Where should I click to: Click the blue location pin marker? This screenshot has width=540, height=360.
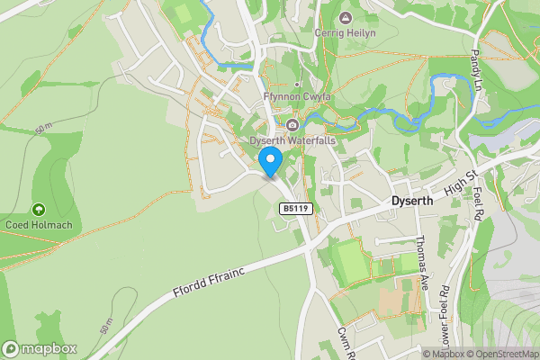pos(271,162)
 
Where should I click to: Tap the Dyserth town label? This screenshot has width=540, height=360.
pos(413,202)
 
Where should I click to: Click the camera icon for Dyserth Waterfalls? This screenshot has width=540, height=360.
pos(292,125)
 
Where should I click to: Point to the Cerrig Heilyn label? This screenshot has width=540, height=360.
pos(345,32)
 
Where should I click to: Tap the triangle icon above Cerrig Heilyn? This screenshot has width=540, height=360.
pos(345,18)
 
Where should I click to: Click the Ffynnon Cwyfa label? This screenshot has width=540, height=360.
pos(297,97)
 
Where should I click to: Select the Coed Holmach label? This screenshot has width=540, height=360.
pos(38,225)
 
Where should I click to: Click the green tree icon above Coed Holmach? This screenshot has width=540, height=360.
pos(38,210)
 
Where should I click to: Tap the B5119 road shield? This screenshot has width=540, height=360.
pos(295,209)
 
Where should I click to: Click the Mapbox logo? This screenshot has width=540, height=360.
pos(40,349)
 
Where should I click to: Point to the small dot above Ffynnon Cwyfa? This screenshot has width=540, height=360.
pos(297,85)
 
